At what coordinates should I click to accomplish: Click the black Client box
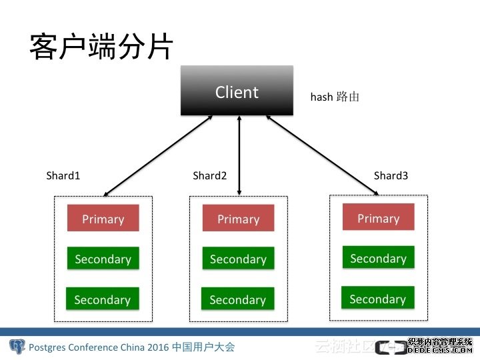(237, 91)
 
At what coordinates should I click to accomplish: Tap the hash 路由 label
(335, 97)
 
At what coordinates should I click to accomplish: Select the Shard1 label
(63, 175)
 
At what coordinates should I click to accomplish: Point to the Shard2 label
(210, 175)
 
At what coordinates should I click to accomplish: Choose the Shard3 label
(391, 175)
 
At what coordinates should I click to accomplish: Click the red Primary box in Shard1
(103, 219)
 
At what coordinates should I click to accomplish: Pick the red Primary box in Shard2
(238, 219)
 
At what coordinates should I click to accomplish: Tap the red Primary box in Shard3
(378, 218)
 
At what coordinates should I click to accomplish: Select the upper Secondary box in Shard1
(103, 259)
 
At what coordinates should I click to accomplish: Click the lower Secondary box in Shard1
(102, 299)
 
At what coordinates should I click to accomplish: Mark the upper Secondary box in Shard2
(238, 259)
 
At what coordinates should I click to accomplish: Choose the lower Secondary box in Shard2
(237, 299)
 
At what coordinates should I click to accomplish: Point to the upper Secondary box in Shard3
(378, 258)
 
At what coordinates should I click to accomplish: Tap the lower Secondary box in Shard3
(377, 299)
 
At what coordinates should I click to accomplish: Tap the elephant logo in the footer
(17, 347)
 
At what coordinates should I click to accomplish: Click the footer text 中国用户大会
(203, 347)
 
